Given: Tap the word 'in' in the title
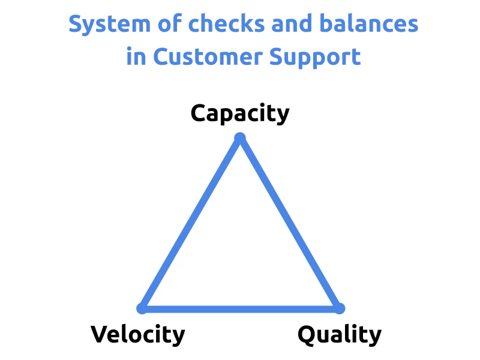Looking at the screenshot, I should click(x=135, y=57).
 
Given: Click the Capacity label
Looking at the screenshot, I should click(x=240, y=113).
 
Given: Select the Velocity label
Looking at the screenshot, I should click(x=138, y=334).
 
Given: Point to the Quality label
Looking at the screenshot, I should click(x=340, y=334).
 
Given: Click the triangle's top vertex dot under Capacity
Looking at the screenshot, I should click(x=240, y=138).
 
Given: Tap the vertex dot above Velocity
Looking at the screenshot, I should click(x=142, y=308).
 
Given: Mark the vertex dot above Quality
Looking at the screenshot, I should click(x=339, y=308).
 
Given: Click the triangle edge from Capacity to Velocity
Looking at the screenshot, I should click(x=191, y=223).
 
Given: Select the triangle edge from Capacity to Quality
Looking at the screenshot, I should click(x=290, y=223).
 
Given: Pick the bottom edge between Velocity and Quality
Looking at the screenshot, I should click(x=240, y=308).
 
